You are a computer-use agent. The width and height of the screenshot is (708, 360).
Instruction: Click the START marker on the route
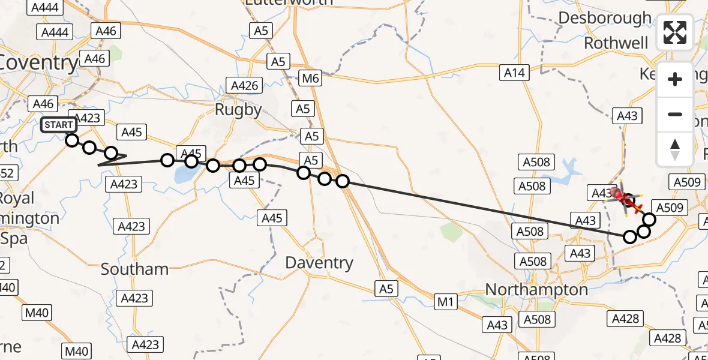[x=59, y=125]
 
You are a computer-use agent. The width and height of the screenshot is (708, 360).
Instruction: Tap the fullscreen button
[x=675, y=33]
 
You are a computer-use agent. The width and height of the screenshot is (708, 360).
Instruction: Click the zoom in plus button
[x=675, y=79]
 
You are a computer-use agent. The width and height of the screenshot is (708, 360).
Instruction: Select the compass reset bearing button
[x=675, y=149]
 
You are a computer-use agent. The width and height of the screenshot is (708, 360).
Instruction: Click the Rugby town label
[x=239, y=110]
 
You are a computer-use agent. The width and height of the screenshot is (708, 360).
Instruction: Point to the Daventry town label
[x=319, y=263]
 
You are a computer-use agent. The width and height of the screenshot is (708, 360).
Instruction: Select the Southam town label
[x=134, y=269]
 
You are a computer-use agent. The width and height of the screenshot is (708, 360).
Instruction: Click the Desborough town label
[x=604, y=18]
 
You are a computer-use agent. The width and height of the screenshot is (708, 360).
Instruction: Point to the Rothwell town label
[x=616, y=43]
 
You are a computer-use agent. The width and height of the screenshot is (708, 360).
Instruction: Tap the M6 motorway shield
[x=311, y=77]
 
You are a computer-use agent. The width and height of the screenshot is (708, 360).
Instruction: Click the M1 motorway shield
[x=445, y=302]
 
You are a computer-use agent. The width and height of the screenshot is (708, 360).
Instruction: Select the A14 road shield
[x=514, y=73]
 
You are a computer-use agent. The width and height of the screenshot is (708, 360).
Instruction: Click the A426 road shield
[x=245, y=85]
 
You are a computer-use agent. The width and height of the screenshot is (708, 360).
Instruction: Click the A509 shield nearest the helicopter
[x=665, y=208]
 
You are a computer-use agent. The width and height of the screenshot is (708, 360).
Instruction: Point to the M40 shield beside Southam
[x=37, y=312]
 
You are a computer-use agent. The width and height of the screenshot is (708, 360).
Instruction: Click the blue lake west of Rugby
[x=183, y=175]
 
